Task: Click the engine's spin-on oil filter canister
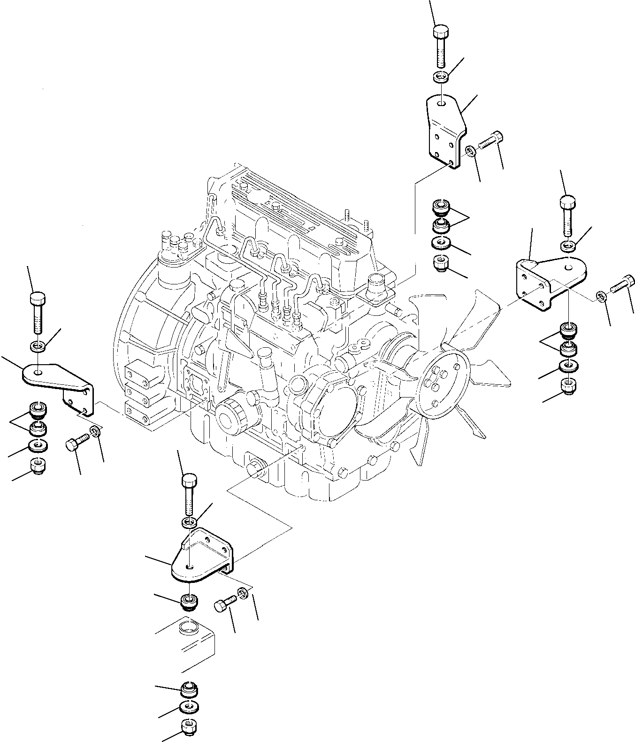click(235, 413)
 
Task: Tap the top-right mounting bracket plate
click(444, 131)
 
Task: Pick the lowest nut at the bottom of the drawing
click(189, 727)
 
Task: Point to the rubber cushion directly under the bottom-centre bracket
click(190, 600)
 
